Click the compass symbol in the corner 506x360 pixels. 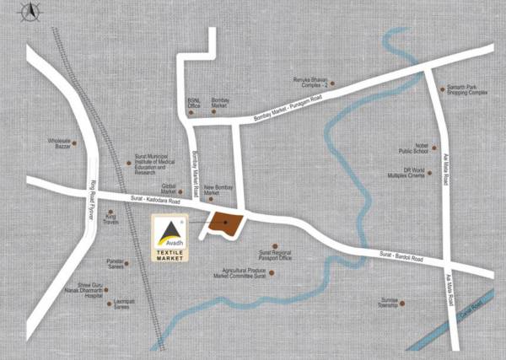[30, 12]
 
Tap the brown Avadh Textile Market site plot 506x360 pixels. [225, 223]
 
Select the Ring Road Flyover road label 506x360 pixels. [91, 199]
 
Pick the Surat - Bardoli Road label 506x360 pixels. [395, 255]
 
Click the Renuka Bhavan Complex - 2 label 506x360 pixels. [309, 83]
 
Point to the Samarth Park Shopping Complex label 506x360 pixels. [463, 90]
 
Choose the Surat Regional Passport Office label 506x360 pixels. [275, 255]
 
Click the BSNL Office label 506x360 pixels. [193, 102]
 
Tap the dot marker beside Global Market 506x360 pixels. [184, 187]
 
